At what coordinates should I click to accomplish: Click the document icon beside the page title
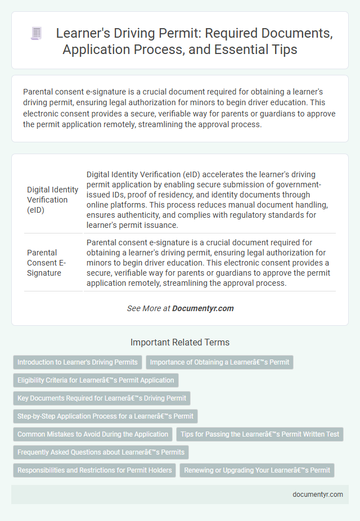pyautogui.click(x=37, y=34)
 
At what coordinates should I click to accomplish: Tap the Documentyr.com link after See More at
pyautogui.click(x=202, y=308)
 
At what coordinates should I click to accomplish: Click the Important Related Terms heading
pyautogui.click(x=179, y=342)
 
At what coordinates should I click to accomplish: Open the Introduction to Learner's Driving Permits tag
pyautogui.click(x=77, y=362)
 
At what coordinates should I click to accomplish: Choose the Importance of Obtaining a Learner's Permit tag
pyautogui.click(x=219, y=362)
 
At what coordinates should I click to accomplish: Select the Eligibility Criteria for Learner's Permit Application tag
pyautogui.click(x=96, y=380)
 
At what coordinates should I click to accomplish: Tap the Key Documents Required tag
pyautogui.click(x=102, y=398)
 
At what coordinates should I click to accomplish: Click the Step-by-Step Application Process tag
pyautogui.click(x=105, y=416)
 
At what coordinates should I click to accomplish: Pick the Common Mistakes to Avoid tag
pyautogui.click(x=93, y=434)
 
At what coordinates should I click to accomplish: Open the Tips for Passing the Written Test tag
pyautogui.click(x=260, y=434)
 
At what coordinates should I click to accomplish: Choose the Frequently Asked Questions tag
pyautogui.click(x=101, y=452)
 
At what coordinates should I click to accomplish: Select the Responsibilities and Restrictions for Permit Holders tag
pyautogui.click(x=94, y=470)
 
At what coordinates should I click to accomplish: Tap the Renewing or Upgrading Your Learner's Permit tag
pyautogui.click(x=256, y=470)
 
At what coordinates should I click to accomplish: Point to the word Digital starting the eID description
pyautogui.click(x=99, y=175)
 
